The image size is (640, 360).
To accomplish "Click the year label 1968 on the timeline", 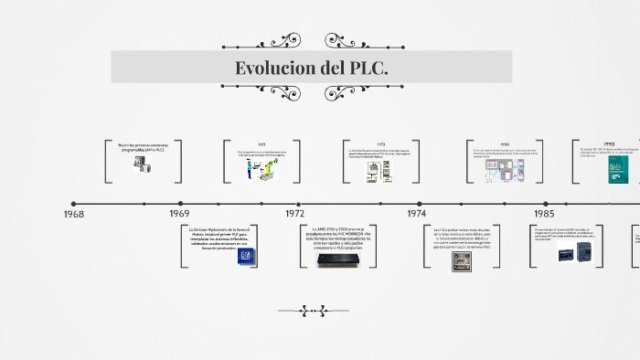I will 74,213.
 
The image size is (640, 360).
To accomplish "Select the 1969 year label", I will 179,213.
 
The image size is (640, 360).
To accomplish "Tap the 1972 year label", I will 294,213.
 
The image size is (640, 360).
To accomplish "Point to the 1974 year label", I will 416,213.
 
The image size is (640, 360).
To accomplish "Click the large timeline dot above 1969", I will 181,203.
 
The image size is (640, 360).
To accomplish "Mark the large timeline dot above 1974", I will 420,203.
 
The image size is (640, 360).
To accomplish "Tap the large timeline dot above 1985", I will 546,203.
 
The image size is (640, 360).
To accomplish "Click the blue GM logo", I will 244,256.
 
